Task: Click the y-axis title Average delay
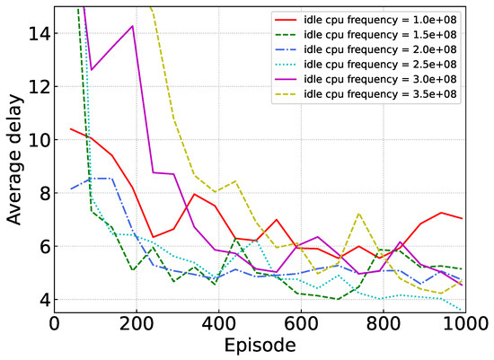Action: click(x=15, y=162)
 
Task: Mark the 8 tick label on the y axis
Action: click(x=41, y=192)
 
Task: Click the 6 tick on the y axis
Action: click(x=41, y=246)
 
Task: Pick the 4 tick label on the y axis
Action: click(x=41, y=299)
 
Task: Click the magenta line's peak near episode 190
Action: click(x=133, y=26)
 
